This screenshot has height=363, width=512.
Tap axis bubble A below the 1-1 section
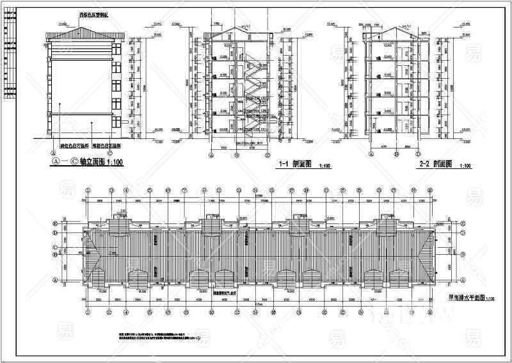212,154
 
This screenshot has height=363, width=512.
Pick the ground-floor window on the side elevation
116,119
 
